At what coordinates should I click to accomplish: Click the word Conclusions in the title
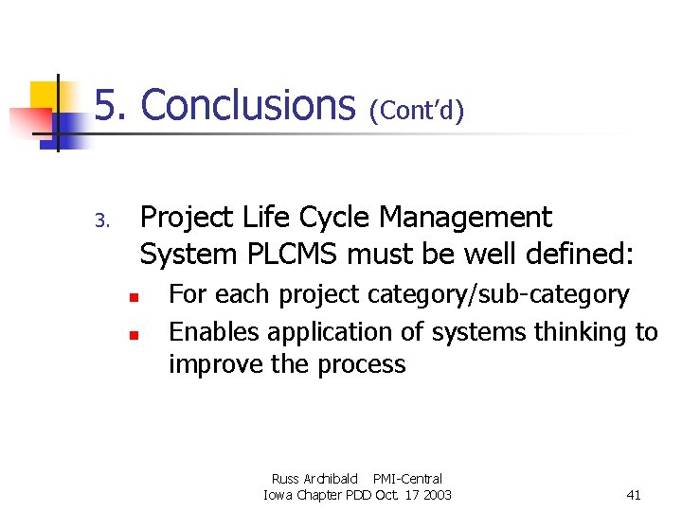(x=247, y=105)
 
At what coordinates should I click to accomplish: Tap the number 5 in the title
(x=110, y=105)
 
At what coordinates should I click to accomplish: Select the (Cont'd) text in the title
(x=417, y=112)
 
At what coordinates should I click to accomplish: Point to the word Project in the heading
(x=187, y=219)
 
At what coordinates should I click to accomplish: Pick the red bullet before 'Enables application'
(x=135, y=335)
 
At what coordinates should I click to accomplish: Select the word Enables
(x=214, y=332)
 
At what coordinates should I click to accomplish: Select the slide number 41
(x=635, y=495)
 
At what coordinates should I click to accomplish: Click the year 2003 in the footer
(x=437, y=495)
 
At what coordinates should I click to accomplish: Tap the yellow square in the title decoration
(x=45, y=95)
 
